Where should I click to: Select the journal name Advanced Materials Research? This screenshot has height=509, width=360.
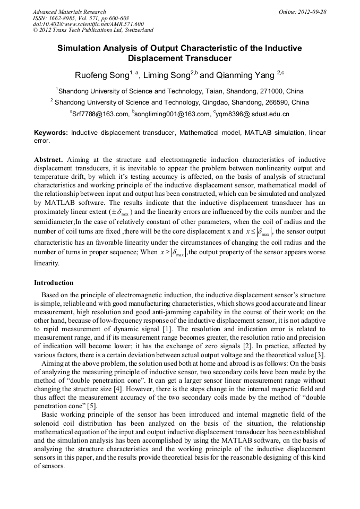pyautogui.click(x=70, y=12)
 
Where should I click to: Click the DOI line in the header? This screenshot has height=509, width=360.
pyautogui.click(x=88, y=24)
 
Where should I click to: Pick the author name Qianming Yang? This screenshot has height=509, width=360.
pyautogui.click(x=245, y=76)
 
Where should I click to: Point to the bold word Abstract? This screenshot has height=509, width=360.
pyautogui.click(x=48, y=159)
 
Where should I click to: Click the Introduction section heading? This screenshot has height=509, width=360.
pyautogui.click(x=54, y=283)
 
